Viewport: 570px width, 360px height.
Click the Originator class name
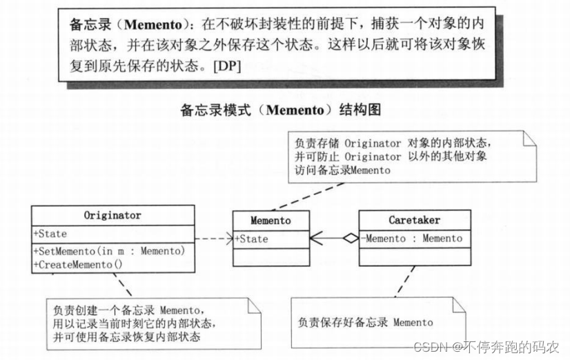pos(112,215)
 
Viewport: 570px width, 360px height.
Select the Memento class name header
pos(271,221)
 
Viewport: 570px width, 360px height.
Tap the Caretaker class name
pos(413,221)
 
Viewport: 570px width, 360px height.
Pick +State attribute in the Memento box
pos(252,239)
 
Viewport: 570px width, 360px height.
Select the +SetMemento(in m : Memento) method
pos(109,251)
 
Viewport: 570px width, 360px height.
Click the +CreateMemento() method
pos(77,263)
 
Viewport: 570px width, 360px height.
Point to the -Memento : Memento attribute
pos(413,239)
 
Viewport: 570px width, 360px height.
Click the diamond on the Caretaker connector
pos(351,239)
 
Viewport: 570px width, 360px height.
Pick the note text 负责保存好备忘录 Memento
pos(365,322)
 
